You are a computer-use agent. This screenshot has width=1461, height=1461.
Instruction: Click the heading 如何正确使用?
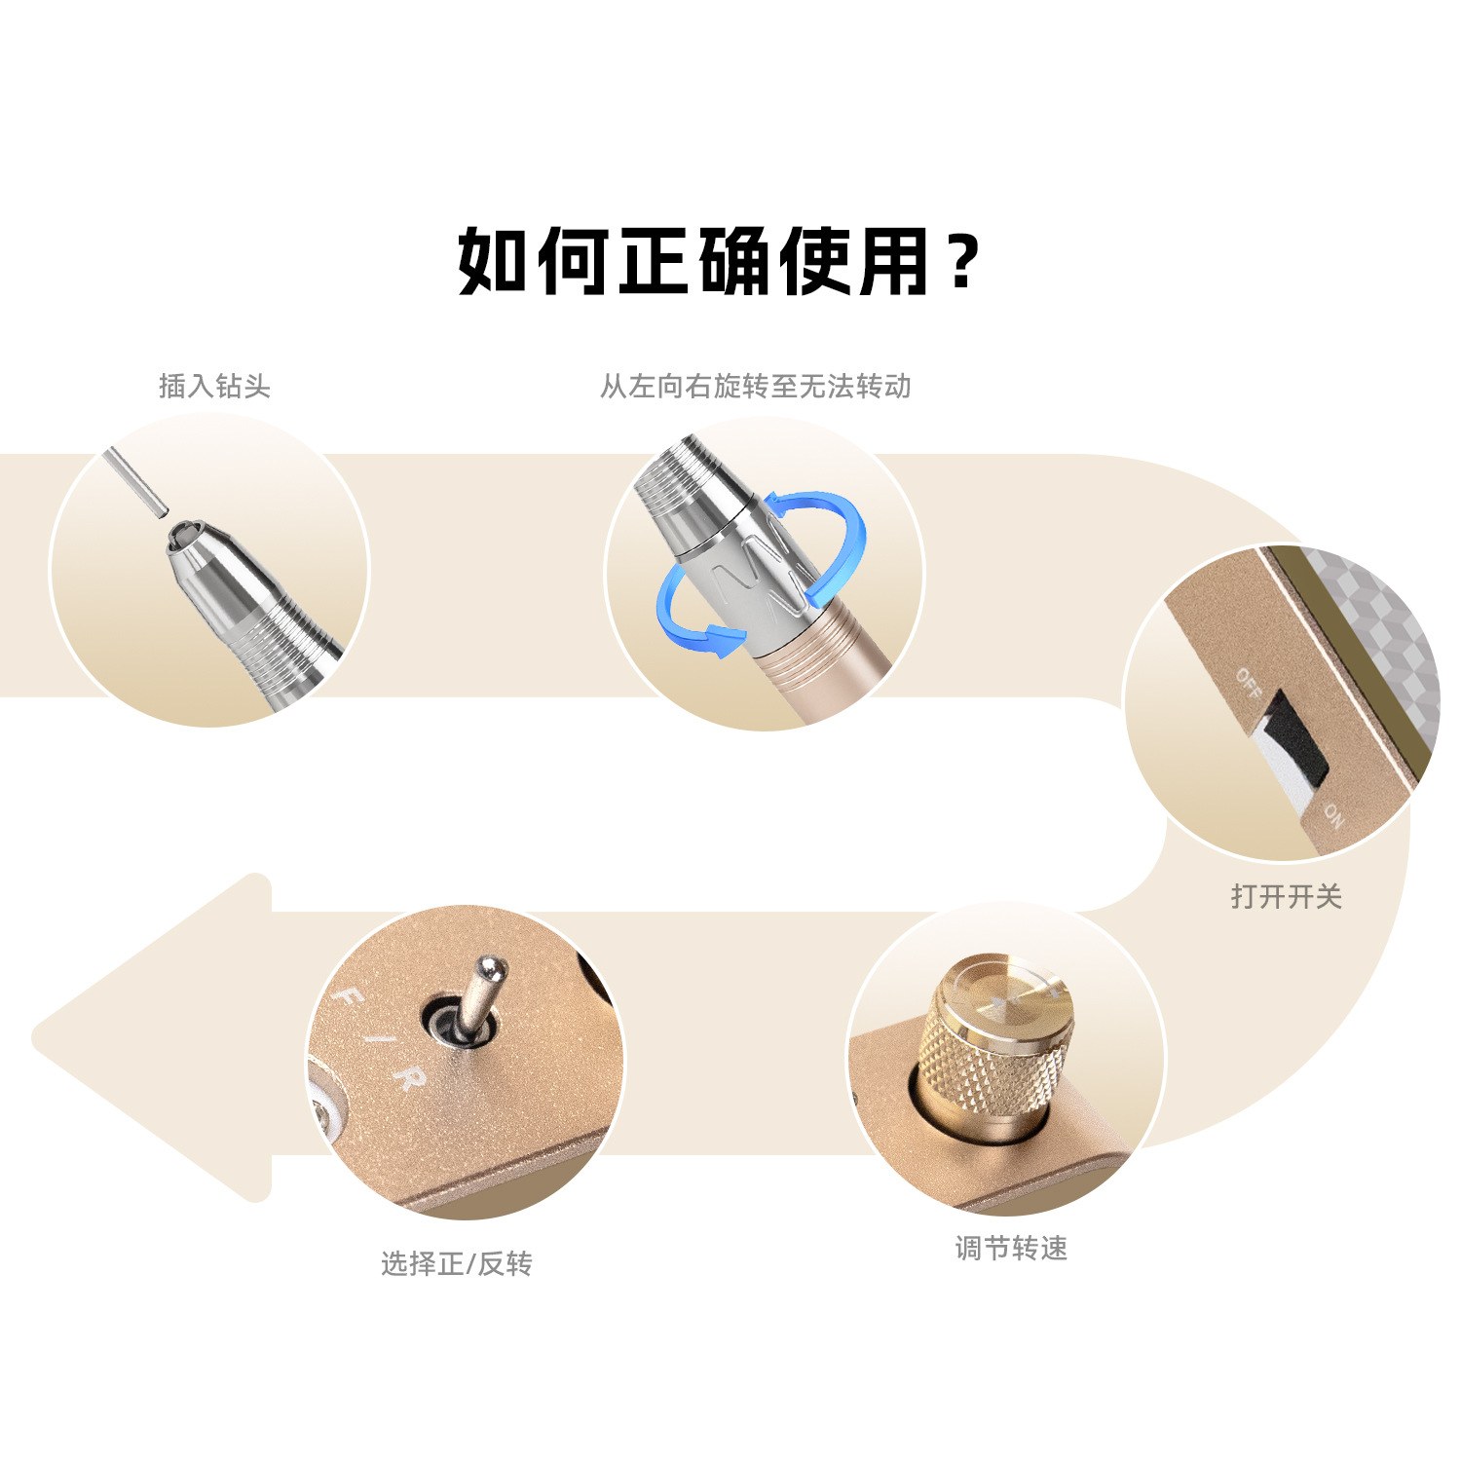[719, 261]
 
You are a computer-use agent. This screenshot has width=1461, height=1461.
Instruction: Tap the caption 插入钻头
[214, 387]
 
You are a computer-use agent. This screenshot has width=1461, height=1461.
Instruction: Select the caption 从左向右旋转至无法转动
[755, 387]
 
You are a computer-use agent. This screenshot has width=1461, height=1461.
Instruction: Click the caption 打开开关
[1287, 896]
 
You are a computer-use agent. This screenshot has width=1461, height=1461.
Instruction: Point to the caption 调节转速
[1011, 1249]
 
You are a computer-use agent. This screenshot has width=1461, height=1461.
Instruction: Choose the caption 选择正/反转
[456, 1264]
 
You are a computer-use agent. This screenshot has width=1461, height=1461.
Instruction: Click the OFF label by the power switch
[1250, 683]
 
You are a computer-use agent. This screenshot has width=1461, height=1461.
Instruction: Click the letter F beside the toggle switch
[349, 1000]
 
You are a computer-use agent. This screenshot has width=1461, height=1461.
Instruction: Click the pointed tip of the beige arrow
[33, 1038]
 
